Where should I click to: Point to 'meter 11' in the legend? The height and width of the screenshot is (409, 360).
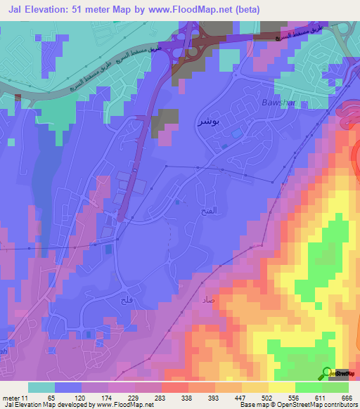point(15,398)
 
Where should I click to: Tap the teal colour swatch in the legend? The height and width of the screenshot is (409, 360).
point(41,387)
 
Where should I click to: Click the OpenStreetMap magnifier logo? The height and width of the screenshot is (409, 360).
point(328,372)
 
